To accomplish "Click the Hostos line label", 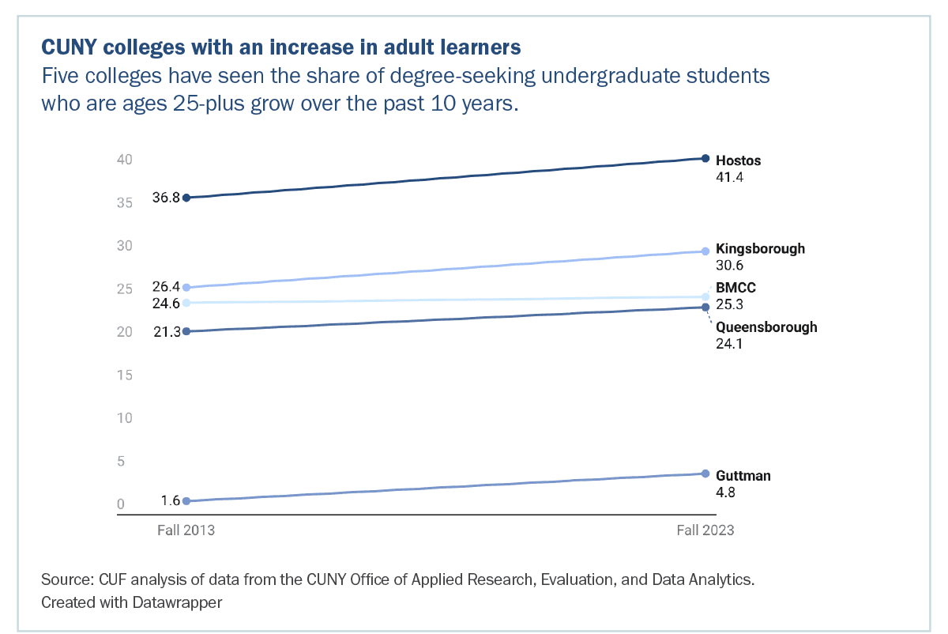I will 738,160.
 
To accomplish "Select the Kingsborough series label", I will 760,248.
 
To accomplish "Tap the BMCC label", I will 735,288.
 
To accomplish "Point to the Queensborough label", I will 766,327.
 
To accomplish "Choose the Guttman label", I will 743,476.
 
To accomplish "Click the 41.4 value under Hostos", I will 730,177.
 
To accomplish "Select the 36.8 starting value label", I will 166,198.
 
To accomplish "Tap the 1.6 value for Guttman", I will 171,500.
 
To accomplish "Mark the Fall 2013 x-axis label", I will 186,530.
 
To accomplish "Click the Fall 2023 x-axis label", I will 705,530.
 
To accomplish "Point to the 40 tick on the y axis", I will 123,160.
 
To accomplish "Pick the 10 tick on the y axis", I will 123,418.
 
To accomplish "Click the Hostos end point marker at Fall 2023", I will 705,159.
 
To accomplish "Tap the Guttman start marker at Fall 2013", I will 186,501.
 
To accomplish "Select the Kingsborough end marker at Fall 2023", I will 705,251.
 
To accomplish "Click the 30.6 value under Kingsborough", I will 730,266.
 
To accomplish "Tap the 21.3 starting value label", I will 166,332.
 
